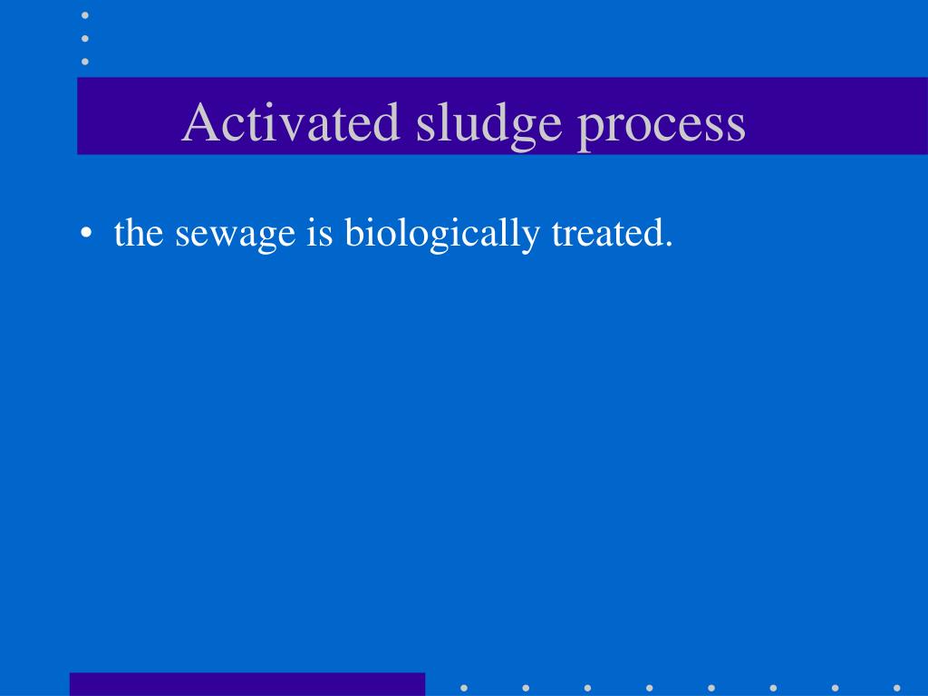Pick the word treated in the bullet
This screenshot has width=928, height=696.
[606, 233]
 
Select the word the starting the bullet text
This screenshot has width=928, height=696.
[139, 233]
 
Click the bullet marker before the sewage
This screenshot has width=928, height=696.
[86, 235]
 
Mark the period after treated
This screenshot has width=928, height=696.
[669, 245]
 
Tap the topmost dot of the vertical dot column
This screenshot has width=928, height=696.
[85, 15]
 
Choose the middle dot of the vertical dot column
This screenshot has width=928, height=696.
[85, 38]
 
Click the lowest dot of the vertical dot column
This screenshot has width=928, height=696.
[85, 61]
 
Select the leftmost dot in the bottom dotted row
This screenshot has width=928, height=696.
[464, 687]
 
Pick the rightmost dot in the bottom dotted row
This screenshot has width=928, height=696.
[896, 687]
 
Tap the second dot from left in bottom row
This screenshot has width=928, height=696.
[526, 687]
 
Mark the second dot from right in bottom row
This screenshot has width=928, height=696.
[835, 687]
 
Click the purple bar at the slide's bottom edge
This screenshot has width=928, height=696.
[246, 684]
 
